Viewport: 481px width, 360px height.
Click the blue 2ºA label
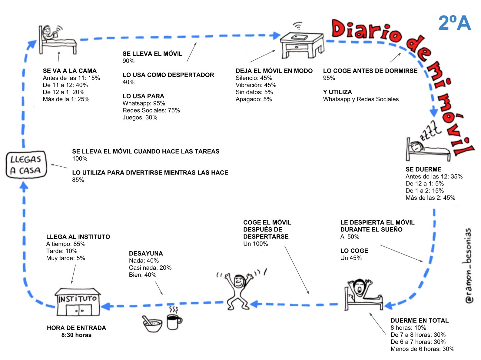[x=454, y=23]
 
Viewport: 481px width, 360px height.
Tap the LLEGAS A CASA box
[x=26, y=165]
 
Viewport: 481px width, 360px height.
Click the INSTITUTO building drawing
[x=78, y=302]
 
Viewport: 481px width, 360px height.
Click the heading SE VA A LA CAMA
[x=70, y=71]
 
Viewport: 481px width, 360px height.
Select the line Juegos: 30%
[x=140, y=118]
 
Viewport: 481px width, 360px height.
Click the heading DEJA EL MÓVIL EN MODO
[x=274, y=71]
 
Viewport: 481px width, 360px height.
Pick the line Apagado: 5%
[x=254, y=99]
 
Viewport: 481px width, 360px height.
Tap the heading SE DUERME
[x=423, y=169]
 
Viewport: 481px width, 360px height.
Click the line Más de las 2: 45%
[x=430, y=198]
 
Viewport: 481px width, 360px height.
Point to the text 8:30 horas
[x=76, y=335]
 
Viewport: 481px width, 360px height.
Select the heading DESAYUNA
[x=146, y=254]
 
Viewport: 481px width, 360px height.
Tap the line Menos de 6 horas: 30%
[x=422, y=349]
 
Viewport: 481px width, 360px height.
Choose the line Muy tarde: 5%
[x=65, y=258]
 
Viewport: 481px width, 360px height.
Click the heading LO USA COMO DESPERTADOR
[x=168, y=75]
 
